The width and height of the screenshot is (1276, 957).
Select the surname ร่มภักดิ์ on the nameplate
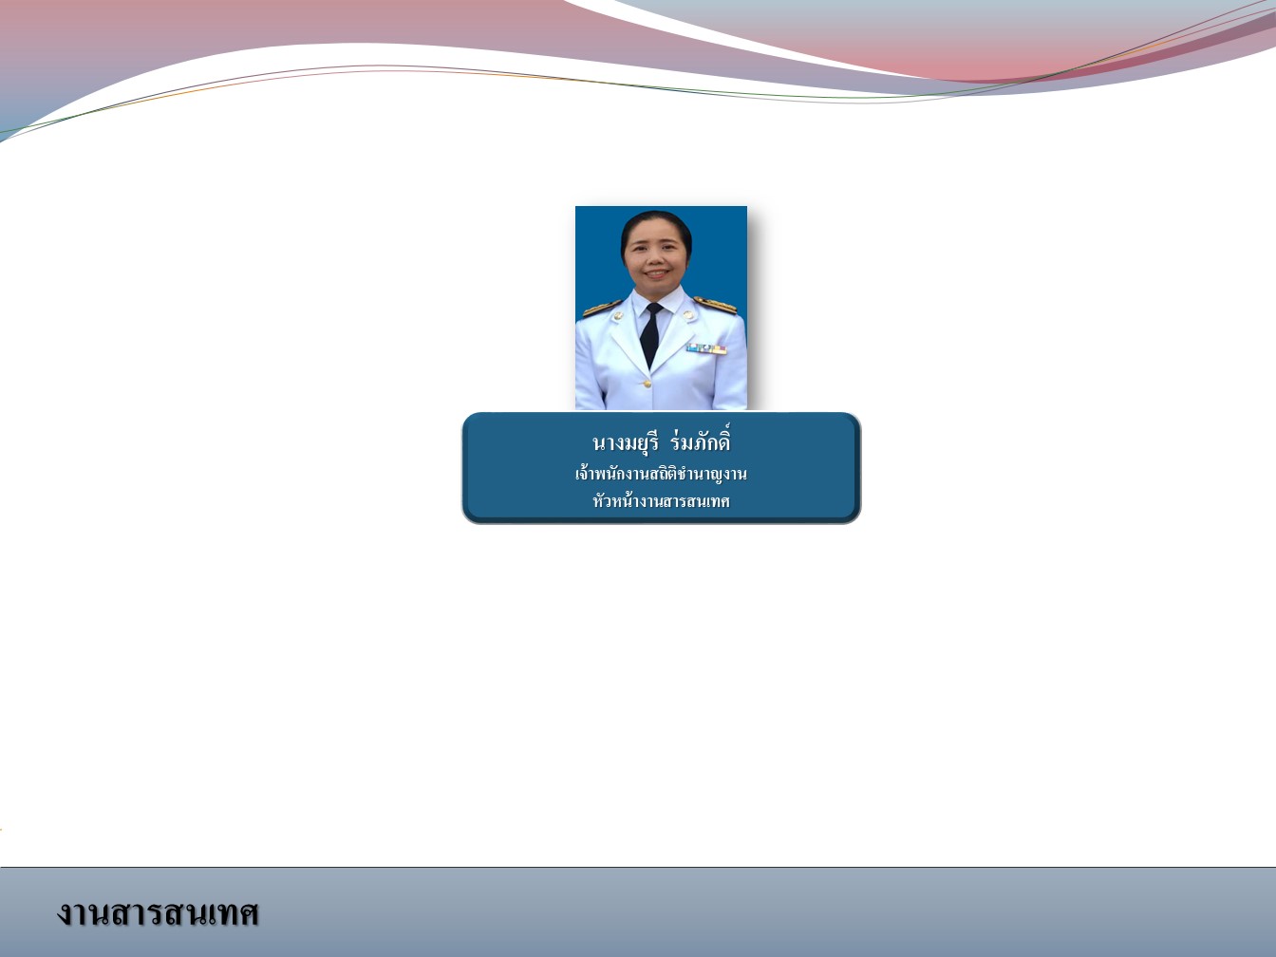pyautogui.click(x=700, y=440)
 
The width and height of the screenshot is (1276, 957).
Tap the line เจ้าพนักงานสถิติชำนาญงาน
pyautogui.click(x=661, y=474)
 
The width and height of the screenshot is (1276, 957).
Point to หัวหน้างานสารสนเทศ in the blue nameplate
pyautogui.click(x=661, y=500)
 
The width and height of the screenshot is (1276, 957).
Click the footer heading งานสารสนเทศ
pyautogui.click(x=158, y=912)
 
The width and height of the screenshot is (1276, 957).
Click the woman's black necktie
pyautogui.click(x=650, y=335)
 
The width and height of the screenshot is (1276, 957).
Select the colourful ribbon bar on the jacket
pyautogui.click(x=706, y=348)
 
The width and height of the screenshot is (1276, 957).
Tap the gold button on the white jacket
pyautogui.click(x=646, y=384)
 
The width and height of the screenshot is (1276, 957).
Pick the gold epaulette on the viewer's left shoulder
pyautogui.click(x=601, y=308)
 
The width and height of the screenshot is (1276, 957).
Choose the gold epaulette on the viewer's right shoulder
pyautogui.click(x=716, y=305)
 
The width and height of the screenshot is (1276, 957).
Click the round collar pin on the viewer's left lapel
pyautogui.click(x=617, y=316)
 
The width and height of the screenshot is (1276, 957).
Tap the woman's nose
pyautogui.click(x=657, y=257)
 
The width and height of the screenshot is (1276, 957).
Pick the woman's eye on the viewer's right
pyautogui.click(x=671, y=246)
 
